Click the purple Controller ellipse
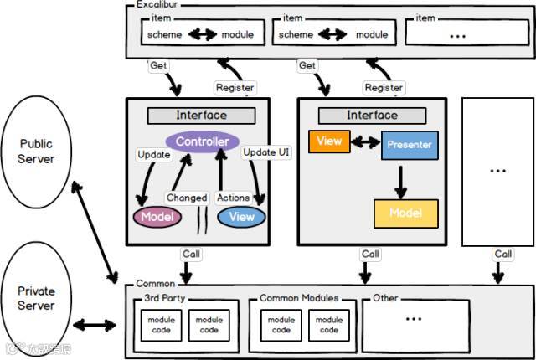coord(202,141)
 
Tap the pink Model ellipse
coord(157,216)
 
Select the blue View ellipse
coord(241,216)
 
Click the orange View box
coord(329,141)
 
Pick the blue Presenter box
coord(410,145)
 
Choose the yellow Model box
coord(405,213)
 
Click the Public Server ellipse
coord(37,152)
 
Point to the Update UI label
coord(265,153)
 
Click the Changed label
coord(186,198)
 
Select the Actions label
coord(233,198)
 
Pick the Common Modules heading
coord(299,298)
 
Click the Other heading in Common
coord(386,298)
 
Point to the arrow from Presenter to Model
coord(401,179)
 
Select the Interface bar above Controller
coord(201,116)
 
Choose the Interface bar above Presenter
coord(373,116)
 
